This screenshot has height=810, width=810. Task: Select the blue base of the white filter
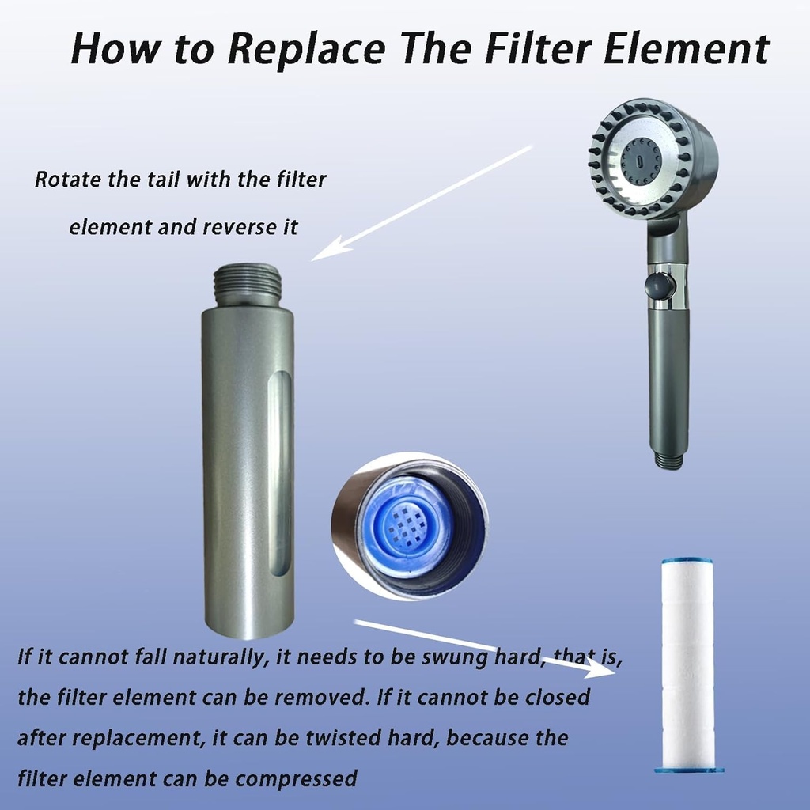pyautogui.click(x=688, y=767)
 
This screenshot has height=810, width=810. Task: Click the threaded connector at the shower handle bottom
pyautogui.click(x=668, y=460)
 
